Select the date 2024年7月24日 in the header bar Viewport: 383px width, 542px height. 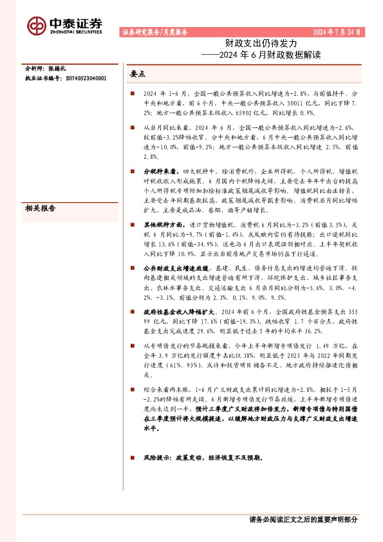pyautogui.click(x=337, y=31)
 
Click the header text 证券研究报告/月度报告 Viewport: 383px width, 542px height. pyautogui.click(x=154, y=31)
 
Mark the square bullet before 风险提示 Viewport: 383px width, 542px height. pyautogui.click(x=132, y=458)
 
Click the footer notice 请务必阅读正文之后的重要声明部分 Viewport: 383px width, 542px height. pyautogui.click(x=303, y=519)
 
